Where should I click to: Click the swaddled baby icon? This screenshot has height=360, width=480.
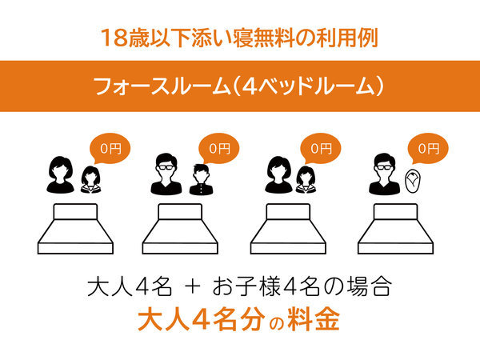tap(412, 182)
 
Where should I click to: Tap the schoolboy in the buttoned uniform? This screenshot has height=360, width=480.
tap(201, 180)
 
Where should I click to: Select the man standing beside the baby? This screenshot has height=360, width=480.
tap(385, 174)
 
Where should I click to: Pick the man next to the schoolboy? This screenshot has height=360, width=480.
tap(166, 174)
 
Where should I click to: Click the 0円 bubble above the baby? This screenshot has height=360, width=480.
tap(428, 149)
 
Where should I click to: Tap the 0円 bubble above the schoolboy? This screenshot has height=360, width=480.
tap(218, 149)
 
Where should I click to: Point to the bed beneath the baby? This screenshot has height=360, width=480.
tap(395, 229)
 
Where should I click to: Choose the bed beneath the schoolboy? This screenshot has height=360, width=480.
tap(180, 229)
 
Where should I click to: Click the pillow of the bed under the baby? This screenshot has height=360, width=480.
tap(395, 211)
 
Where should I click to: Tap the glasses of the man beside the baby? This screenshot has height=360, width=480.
tap(385, 167)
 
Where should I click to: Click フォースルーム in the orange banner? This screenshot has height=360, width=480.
tap(162, 86)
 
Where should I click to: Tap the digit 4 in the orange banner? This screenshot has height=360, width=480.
tap(250, 86)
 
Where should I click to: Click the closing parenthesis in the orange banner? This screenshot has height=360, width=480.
tap(379, 86)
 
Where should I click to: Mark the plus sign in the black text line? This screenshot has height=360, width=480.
tap(193, 288)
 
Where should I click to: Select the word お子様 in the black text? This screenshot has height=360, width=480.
tap(246, 286)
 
